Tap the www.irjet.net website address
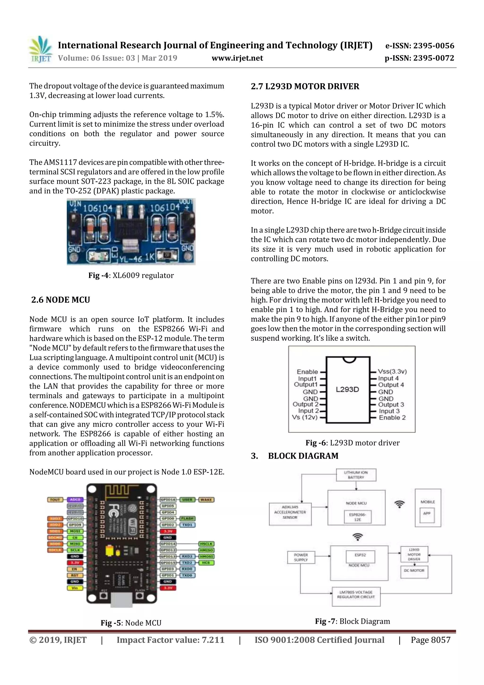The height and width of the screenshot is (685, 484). (x=237, y=58)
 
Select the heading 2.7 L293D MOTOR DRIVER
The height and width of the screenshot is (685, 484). (x=305, y=87)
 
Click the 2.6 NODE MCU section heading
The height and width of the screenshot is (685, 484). (x=60, y=300)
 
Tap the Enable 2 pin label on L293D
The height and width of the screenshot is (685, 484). (x=392, y=417)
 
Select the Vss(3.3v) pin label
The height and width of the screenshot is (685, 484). (x=392, y=371)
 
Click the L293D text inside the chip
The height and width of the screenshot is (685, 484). (x=347, y=389)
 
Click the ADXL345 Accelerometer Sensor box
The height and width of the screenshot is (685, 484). (x=290, y=512)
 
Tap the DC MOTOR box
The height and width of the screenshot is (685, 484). (x=414, y=570)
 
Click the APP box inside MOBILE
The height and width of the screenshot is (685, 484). (x=427, y=513)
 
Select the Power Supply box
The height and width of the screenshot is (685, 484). (x=301, y=557)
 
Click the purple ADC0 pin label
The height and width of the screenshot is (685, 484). (x=75, y=499)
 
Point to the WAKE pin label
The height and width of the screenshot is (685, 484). (x=206, y=499)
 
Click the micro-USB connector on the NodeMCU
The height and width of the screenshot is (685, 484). (x=121, y=599)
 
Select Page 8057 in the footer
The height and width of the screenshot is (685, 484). (x=430, y=640)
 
